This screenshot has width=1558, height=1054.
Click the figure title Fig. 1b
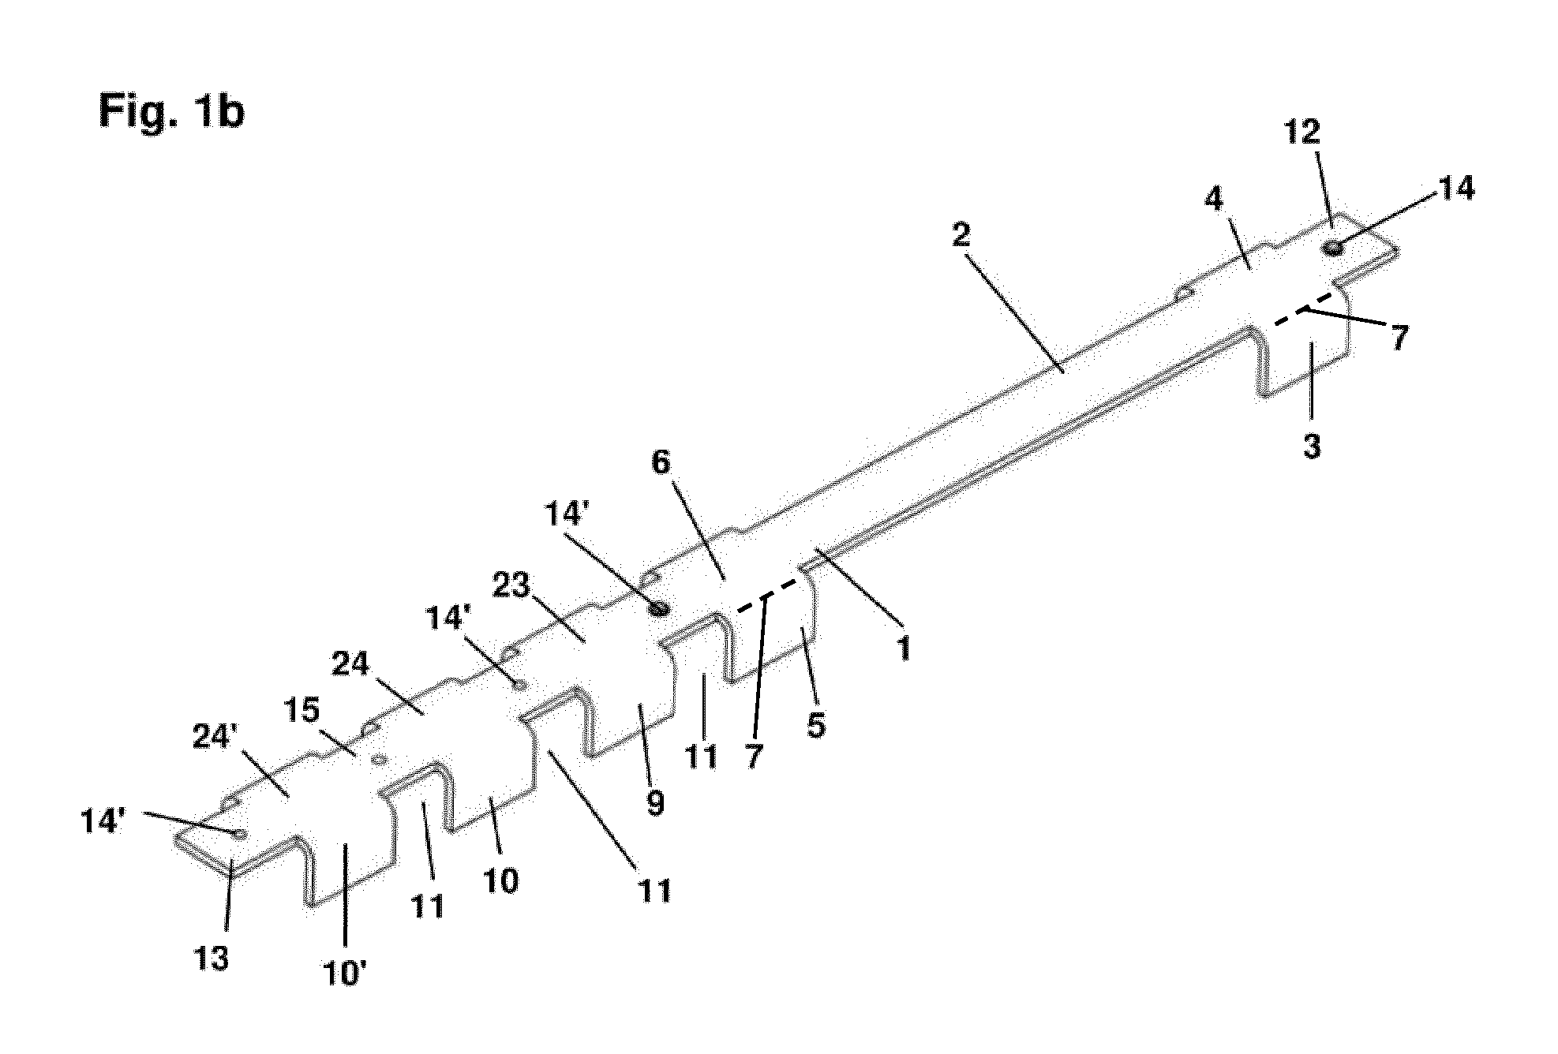171,111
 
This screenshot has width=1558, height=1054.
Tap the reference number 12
1301,133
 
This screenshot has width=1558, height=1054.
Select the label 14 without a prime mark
1455,189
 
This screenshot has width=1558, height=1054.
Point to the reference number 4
1213,200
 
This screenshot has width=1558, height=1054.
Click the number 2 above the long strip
961,234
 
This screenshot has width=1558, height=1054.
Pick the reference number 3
1312,447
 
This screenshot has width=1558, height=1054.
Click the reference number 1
904,648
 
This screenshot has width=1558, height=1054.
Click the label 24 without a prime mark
350,665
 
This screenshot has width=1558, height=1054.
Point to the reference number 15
301,712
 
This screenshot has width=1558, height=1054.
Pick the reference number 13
212,958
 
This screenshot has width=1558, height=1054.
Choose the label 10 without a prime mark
500,880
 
